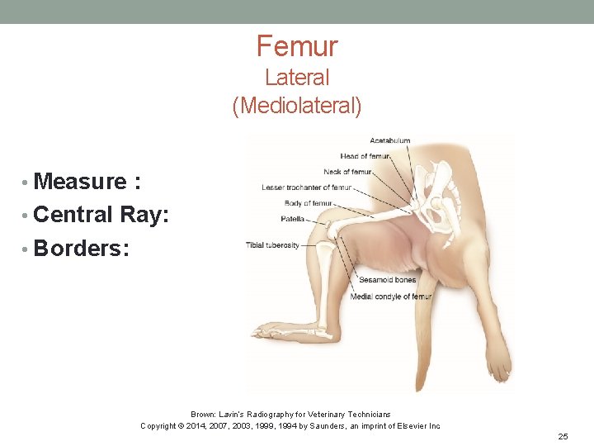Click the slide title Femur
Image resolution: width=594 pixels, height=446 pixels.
coord(297,45)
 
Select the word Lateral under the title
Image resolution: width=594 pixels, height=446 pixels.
coord(297,78)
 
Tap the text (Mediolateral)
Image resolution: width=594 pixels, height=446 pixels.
coord(297,107)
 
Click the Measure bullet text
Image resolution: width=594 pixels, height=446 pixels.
coord(81,181)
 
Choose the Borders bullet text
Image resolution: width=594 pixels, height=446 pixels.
coord(81,249)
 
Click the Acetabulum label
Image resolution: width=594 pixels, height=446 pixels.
coord(389,140)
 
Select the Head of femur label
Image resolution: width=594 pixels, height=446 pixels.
coord(365,156)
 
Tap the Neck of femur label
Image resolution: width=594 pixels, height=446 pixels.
coord(347,172)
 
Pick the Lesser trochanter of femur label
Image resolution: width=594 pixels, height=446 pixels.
coord(306,187)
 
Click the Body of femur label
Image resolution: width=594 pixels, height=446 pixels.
coord(308,203)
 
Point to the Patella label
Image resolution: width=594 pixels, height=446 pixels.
coord(292,219)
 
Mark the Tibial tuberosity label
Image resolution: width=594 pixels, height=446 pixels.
coord(272,245)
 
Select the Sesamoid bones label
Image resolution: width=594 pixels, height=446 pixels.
coord(387,280)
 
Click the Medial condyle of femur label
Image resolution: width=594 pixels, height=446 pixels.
coord(391,297)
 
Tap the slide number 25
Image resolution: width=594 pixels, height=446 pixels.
coord(563,435)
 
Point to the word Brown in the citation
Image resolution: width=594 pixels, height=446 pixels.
coord(203,414)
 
